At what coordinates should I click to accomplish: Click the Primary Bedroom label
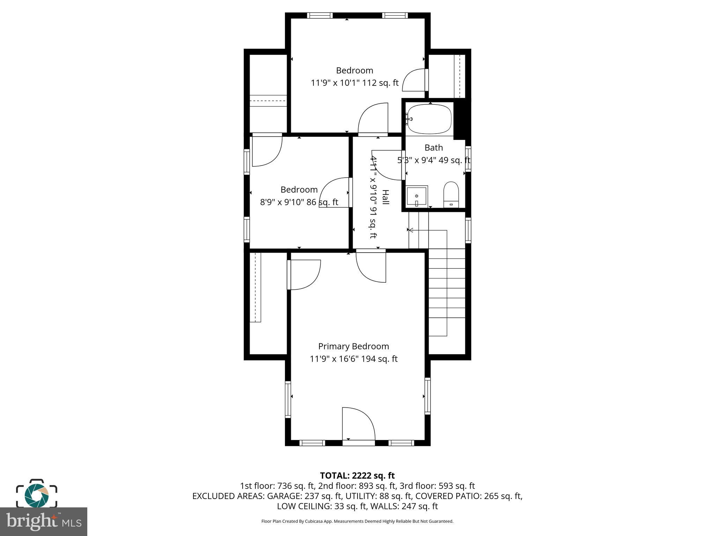pos(353,346)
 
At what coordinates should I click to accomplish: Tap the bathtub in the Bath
pos(429,119)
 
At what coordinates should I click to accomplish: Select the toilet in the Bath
pos(451,194)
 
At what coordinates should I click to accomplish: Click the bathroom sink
pos(417,196)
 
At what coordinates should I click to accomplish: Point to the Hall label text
pos(385,197)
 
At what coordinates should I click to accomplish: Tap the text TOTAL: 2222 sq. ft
pos(357,476)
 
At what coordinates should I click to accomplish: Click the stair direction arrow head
pos(411,230)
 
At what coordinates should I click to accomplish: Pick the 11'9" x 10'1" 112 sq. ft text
pos(354,83)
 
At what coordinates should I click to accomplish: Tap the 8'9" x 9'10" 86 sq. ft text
pos(299,202)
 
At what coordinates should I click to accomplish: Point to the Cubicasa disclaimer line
pos(357,521)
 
